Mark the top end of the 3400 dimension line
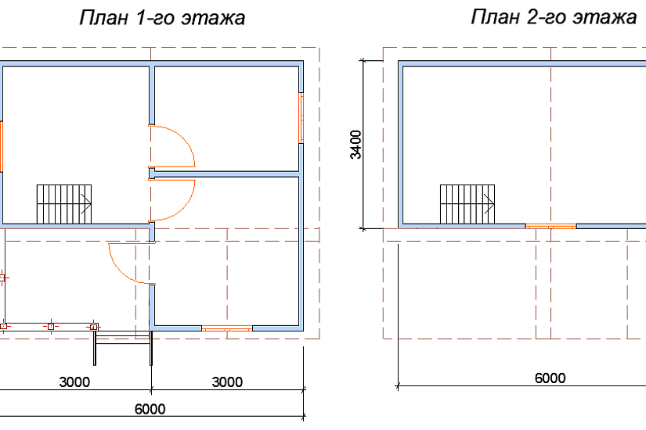pyautogui.click(x=363, y=60)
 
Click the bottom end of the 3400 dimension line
pyautogui.click(x=363, y=228)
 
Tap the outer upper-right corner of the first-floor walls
pyautogui.click(x=304, y=61)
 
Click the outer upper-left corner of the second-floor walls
pyautogui.click(x=399, y=61)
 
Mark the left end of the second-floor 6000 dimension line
pyautogui.click(x=398, y=386)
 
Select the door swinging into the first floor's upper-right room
pyautogui.click(x=171, y=146)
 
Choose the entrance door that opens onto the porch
pyautogui.click(x=132, y=263)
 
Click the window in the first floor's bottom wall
pyautogui.click(x=227, y=328)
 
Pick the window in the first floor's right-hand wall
pyautogui.click(x=301, y=118)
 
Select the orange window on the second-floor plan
pyautogui.click(x=550, y=226)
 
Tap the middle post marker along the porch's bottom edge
pyautogui.click(x=51, y=327)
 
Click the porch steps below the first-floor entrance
pyautogui.click(x=123, y=348)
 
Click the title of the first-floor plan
pyautogui.click(x=162, y=18)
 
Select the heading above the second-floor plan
pyautogui.click(x=554, y=17)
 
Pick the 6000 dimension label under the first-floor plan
pyautogui.click(x=150, y=409)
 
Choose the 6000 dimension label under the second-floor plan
pyautogui.click(x=550, y=378)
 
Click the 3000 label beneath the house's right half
pyautogui.click(x=227, y=382)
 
